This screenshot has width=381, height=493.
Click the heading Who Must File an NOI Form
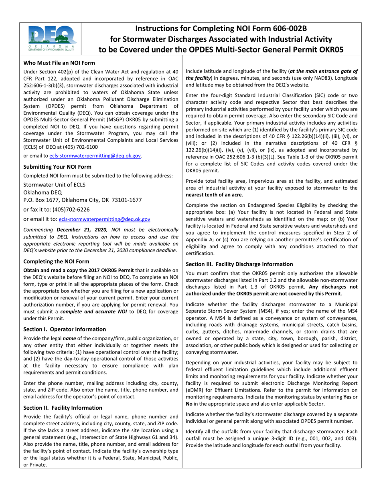pyautogui.click(x=59, y=63)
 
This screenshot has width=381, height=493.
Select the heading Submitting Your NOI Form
pyautogui.click(x=57, y=166)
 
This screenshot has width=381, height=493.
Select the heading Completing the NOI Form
pyautogui.click(x=56, y=261)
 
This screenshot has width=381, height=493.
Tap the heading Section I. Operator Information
pyautogui.click(x=65, y=329)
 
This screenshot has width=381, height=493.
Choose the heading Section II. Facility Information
pyautogui.click(x=63, y=408)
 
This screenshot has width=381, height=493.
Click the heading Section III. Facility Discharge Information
pyautogui.click(x=239, y=264)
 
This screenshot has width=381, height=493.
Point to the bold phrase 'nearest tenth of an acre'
pyautogui.click(x=214, y=195)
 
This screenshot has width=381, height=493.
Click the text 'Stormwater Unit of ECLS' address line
pyautogui.click(x=54, y=184)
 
